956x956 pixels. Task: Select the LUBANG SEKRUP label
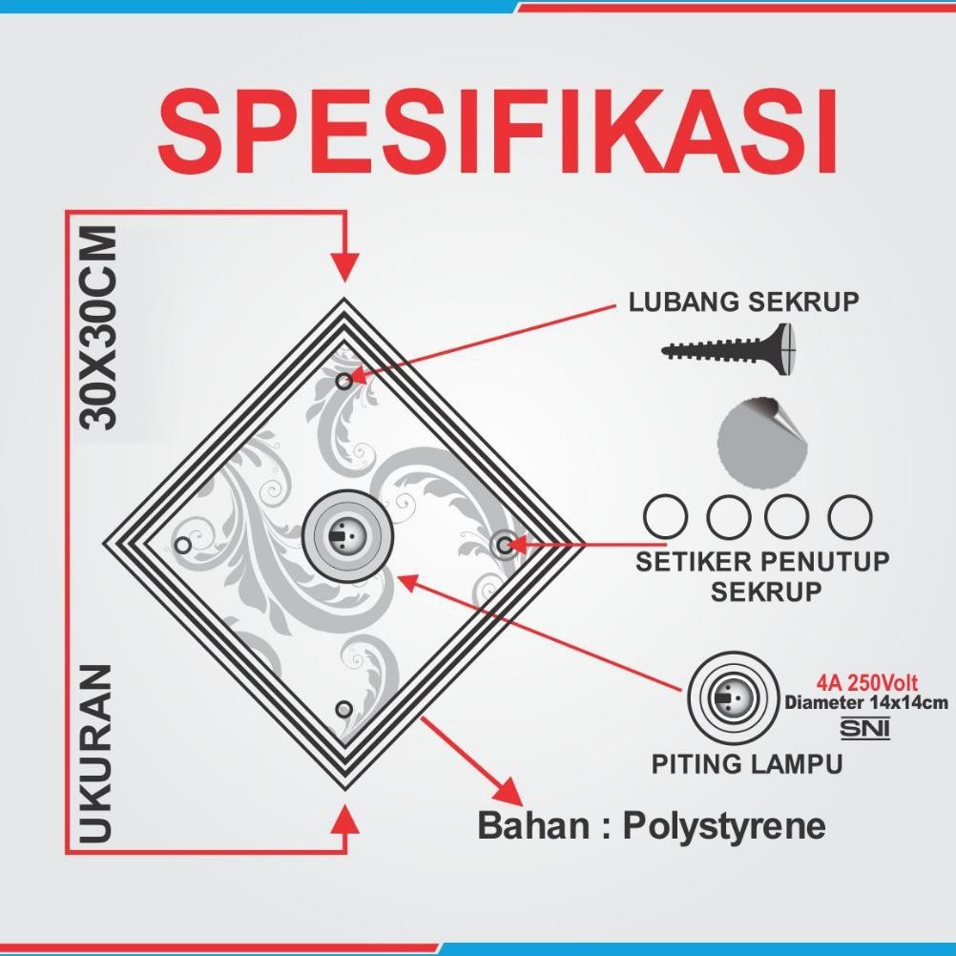743,302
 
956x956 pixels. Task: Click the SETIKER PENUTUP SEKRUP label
760,575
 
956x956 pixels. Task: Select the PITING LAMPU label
747,764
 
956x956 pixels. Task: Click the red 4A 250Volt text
866,683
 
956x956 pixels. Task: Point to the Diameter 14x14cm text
866,703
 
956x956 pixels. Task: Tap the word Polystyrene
724,826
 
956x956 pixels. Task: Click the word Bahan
532,826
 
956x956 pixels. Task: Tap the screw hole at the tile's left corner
182,545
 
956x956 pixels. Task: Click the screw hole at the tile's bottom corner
343,708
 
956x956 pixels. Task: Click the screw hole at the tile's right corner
503,545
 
